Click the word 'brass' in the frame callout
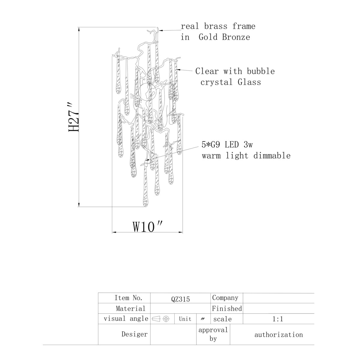pyautogui.click(x=216, y=26)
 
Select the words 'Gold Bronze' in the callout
pyautogui.click(x=224, y=37)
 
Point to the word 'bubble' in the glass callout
pyautogui.click(x=261, y=71)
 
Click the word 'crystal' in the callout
pyautogui.click(x=217, y=82)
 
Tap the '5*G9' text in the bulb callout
pyautogui.click(x=211, y=145)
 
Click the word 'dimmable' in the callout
pyautogui.click(x=272, y=156)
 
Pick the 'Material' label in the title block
pyautogui.click(x=130, y=308)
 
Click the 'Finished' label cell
pyautogui.click(x=227, y=308)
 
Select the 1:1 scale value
pyautogui.click(x=278, y=319)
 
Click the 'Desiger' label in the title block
pyautogui.click(x=135, y=334)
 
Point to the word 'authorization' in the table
pyautogui.click(x=279, y=335)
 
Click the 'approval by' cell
pyautogui.click(x=213, y=334)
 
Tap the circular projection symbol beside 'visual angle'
pyautogui.click(x=166, y=319)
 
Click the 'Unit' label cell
pyautogui.click(x=185, y=319)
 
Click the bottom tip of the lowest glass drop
pyautogui.click(x=145, y=207)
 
